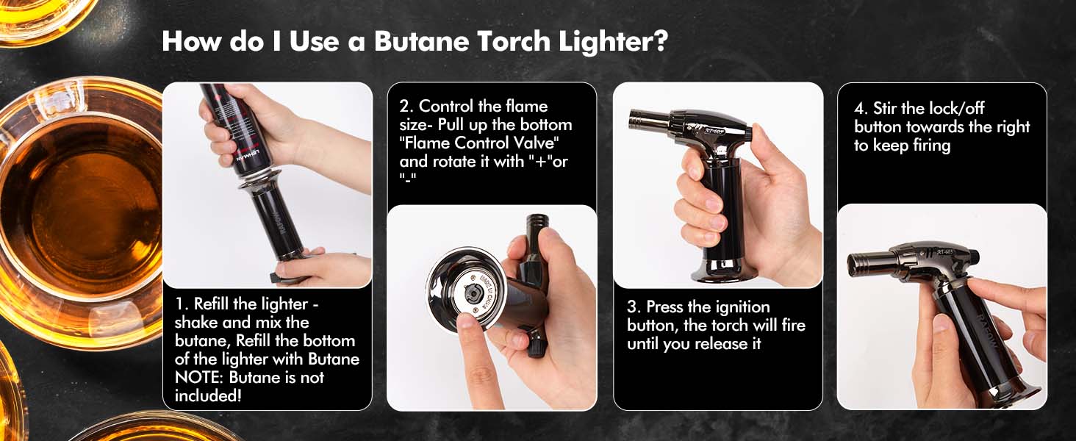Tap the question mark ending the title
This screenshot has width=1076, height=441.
661,41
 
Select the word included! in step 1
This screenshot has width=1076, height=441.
208,396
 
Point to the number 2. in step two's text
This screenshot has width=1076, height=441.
406,106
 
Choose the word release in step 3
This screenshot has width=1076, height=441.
715,344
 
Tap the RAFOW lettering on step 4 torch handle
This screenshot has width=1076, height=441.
989,332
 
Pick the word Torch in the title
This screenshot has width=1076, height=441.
514,41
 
